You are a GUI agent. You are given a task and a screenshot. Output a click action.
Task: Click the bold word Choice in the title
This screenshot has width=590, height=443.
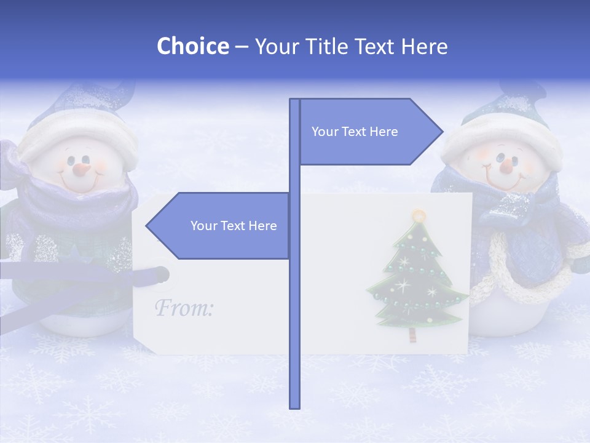192,46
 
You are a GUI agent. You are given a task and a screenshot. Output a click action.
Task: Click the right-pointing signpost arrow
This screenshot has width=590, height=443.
369,131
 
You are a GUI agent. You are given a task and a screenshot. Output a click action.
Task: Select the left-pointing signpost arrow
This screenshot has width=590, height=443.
221,226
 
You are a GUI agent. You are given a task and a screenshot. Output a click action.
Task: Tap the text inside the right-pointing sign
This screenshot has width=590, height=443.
355,132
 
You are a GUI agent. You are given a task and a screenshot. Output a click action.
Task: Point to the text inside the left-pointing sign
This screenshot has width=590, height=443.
234,226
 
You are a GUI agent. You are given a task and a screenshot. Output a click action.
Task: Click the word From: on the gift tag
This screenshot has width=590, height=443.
184,308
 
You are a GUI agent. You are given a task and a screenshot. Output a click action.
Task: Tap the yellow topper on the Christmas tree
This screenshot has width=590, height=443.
419,215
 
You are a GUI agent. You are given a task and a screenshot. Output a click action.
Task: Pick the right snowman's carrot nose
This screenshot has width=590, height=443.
506,164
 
